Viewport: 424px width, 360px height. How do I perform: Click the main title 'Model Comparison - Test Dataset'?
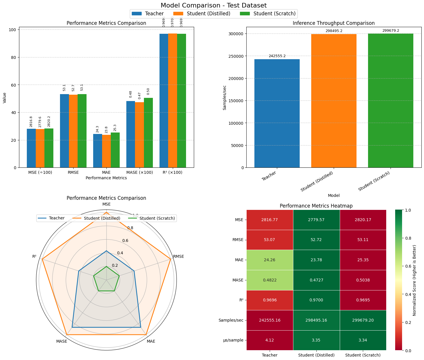(213, 5)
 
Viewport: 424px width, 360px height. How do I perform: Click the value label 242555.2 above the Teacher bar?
(277, 56)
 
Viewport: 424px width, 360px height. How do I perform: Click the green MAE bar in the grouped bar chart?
(115, 150)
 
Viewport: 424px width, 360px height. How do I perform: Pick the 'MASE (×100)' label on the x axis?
(140, 173)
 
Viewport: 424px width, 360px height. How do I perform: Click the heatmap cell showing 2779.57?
(316, 220)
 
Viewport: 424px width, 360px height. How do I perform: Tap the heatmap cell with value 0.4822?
(270, 280)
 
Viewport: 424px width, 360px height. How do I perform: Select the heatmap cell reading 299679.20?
(363, 320)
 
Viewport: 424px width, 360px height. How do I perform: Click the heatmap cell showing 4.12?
(270, 340)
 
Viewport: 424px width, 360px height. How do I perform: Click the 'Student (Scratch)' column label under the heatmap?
(363, 355)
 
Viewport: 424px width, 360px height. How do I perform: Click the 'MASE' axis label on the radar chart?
(62, 341)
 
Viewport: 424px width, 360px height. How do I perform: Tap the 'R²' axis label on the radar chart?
(34, 256)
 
